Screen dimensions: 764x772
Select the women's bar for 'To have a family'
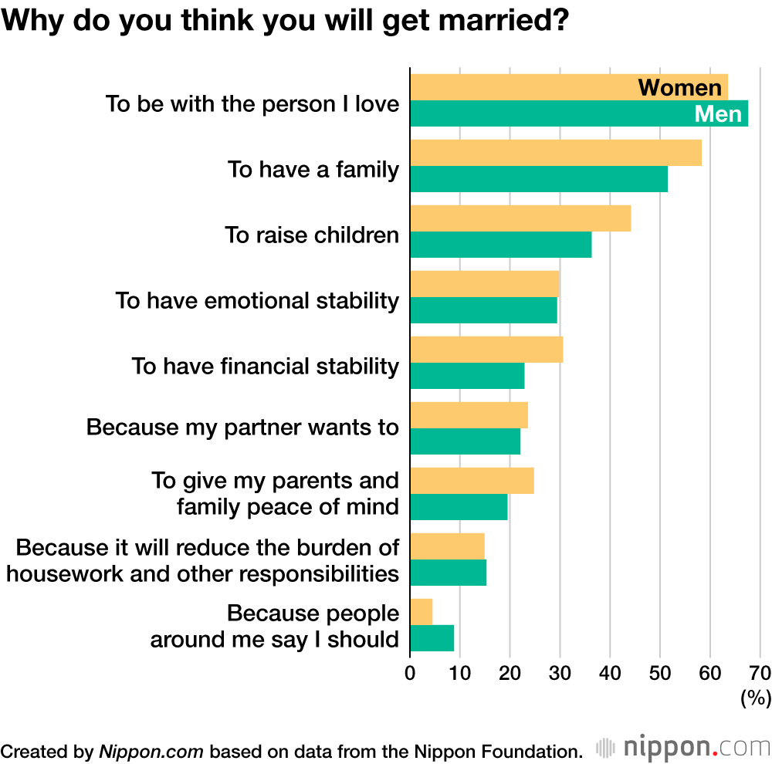click(x=556, y=153)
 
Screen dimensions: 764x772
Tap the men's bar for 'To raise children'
click(x=500, y=245)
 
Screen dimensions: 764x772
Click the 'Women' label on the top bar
click(x=679, y=87)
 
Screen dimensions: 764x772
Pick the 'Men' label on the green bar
click(x=718, y=114)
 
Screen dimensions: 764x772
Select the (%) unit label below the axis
click(x=756, y=698)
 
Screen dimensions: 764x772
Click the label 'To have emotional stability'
click(x=257, y=300)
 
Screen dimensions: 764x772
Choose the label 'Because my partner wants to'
click(x=242, y=427)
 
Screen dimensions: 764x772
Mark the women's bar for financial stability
click(x=486, y=350)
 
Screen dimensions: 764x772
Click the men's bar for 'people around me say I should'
click(x=432, y=638)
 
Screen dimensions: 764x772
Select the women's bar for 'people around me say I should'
click(x=421, y=612)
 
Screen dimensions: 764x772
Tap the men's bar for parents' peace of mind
click(x=459, y=507)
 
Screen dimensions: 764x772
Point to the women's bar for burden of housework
click(x=447, y=546)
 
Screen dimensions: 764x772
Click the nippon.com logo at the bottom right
click(x=683, y=747)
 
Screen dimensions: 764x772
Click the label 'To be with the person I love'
click(x=252, y=103)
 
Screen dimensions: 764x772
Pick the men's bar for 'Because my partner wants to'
click(x=465, y=441)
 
